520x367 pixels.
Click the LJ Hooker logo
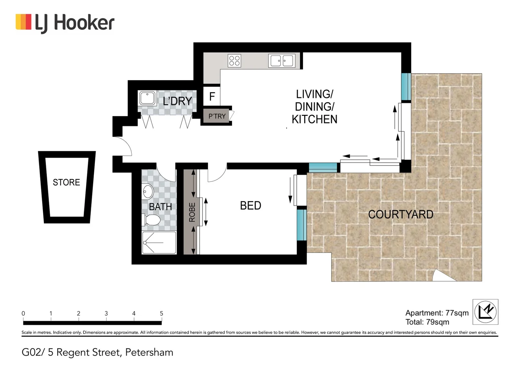(x=65, y=23)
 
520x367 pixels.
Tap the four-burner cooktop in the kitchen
(x=234, y=60)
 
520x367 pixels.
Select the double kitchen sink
(x=281, y=61)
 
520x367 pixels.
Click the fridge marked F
(x=212, y=97)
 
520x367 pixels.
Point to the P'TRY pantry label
(x=217, y=116)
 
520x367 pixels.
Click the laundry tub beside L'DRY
(x=147, y=98)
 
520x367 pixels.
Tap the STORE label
(x=66, y=182)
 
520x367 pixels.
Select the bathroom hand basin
(x=148, y=192)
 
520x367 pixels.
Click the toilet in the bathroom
(x=151, y=220)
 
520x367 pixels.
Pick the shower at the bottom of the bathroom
(x=159, y=243)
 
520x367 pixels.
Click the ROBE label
(x=192, y=212)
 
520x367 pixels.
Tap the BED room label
(x=250, y=206)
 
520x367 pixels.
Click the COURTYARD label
(x=401, y=214)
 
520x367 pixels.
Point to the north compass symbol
(x=485, y=312)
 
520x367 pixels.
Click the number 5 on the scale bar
(x=162, y=313)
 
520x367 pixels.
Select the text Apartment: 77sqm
(x=437, y=313)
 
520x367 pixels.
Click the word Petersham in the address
(x=149, y=352)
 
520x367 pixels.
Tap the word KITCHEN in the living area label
(x=314, y=119)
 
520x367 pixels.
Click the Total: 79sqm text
(x=427, y=322)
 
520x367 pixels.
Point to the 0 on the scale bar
(x=23, y=313)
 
